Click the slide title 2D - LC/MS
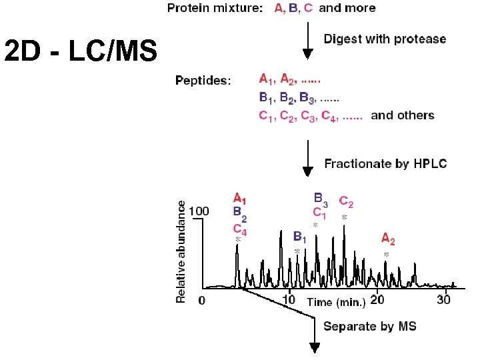[79, 51]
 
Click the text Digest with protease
[385, 39]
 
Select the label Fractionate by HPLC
[385, 163]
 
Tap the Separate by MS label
[370, 326]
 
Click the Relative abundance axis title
[181, 253]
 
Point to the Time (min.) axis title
[336, 303]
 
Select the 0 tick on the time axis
[202, 301]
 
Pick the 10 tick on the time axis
[290, 301]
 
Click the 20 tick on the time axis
[377, 301]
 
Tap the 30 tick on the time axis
[444, 301]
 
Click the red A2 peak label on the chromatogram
[388, 239]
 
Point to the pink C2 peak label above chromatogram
[347, 201]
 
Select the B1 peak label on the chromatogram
[300, 237]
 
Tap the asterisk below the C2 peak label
[344, 217]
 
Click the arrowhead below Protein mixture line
[307, 53]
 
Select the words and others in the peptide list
[402, 115]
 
